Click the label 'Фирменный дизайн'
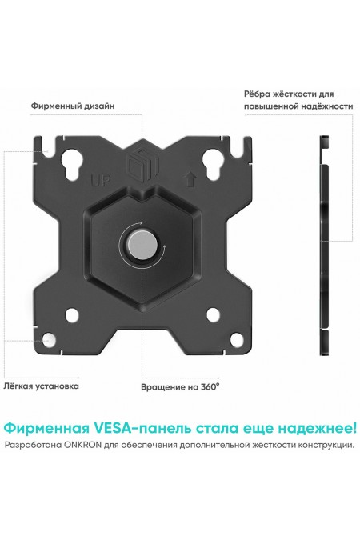click(72, 105)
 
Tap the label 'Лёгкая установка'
click(42, 386)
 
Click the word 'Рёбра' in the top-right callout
click(259, 94)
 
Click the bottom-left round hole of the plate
click(72, 315)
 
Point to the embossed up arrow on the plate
click(190, 179)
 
